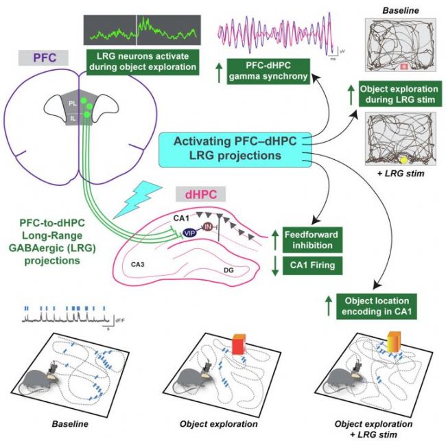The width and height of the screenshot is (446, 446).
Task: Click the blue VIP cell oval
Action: (x=189, y=233)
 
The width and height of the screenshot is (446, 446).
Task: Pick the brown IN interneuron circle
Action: (x=207, y=226)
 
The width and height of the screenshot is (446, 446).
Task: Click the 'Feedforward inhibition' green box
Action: (x=309, y=239)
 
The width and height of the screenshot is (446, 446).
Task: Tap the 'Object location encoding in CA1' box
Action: (x=372, y=305)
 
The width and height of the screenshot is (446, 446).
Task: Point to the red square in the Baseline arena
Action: (x=404, y=67)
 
